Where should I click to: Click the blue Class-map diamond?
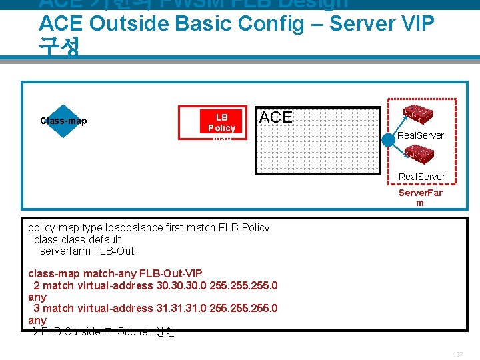[63, 121]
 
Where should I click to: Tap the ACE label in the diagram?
[275, 117]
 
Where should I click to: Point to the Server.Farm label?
[420, 197]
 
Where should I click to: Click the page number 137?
[458, 353]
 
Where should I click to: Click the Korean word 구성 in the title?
[59, 47]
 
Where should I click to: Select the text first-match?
[190, 227]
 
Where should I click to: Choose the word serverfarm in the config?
[66, 251]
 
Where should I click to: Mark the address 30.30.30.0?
[180, 285]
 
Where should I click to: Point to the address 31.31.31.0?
[180, 308]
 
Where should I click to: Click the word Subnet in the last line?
[133, 331]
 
